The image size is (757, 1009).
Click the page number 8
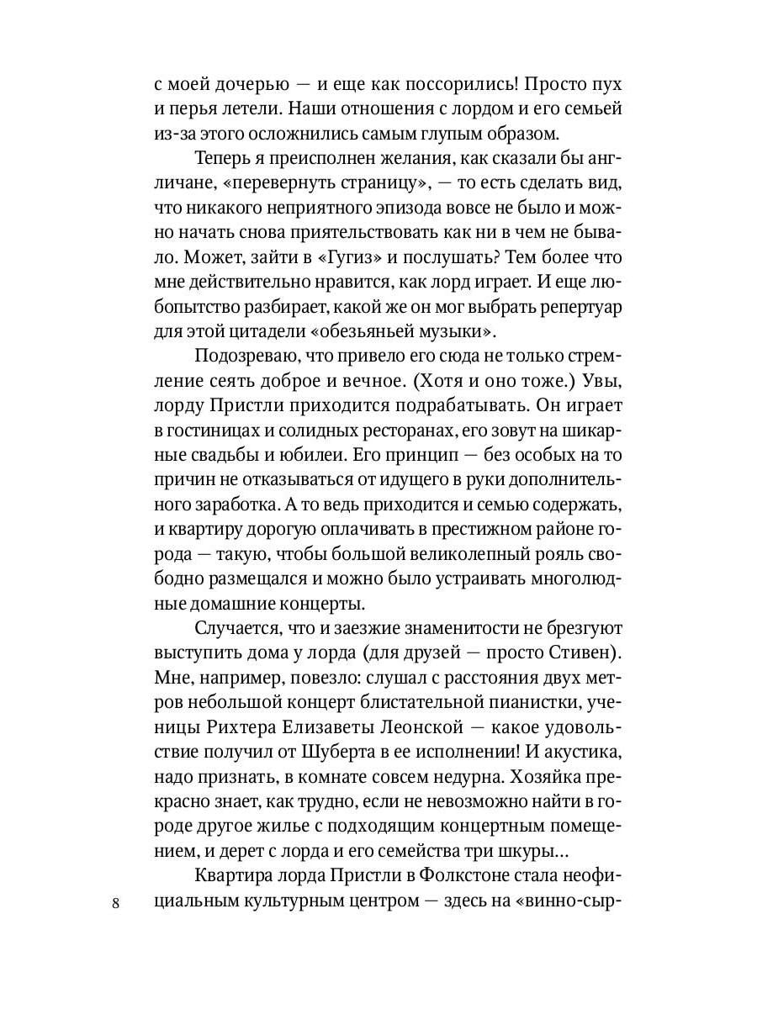click(116, 903)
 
